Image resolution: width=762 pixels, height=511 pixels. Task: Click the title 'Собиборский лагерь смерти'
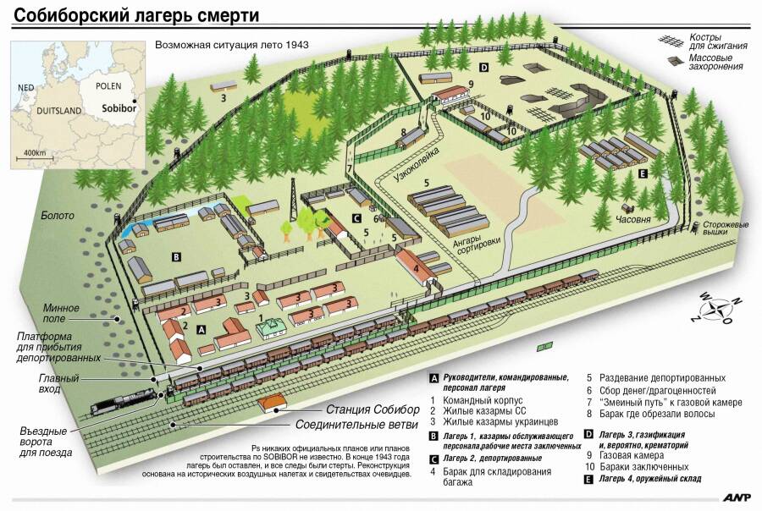pos(136,15)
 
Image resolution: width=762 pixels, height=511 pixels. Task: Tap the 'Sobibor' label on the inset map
pos(119,107)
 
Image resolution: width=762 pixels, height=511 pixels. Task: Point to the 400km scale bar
pos(35,157)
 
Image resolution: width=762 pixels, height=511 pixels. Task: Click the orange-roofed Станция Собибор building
pos(272,404)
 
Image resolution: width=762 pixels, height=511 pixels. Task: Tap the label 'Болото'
pos(58,216)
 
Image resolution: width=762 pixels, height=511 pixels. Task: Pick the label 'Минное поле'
pos(61,313)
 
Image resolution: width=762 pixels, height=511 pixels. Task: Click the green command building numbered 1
pos(271,329)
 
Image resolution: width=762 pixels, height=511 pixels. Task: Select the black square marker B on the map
pos(176,257)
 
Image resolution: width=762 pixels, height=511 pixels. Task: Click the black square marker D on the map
pos(483,68)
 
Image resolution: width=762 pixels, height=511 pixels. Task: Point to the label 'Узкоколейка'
pos(416,164)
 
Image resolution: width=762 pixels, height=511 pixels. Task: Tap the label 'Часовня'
pos(632,220)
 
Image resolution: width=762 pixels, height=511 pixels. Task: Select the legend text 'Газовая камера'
pos(632,456)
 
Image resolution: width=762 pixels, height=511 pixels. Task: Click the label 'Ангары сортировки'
pos(476,245)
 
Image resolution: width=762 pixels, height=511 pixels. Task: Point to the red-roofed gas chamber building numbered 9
pos(450,94)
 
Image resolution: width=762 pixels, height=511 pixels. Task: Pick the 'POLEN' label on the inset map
pos(108,86)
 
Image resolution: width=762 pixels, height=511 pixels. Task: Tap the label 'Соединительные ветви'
pos(356,425)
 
